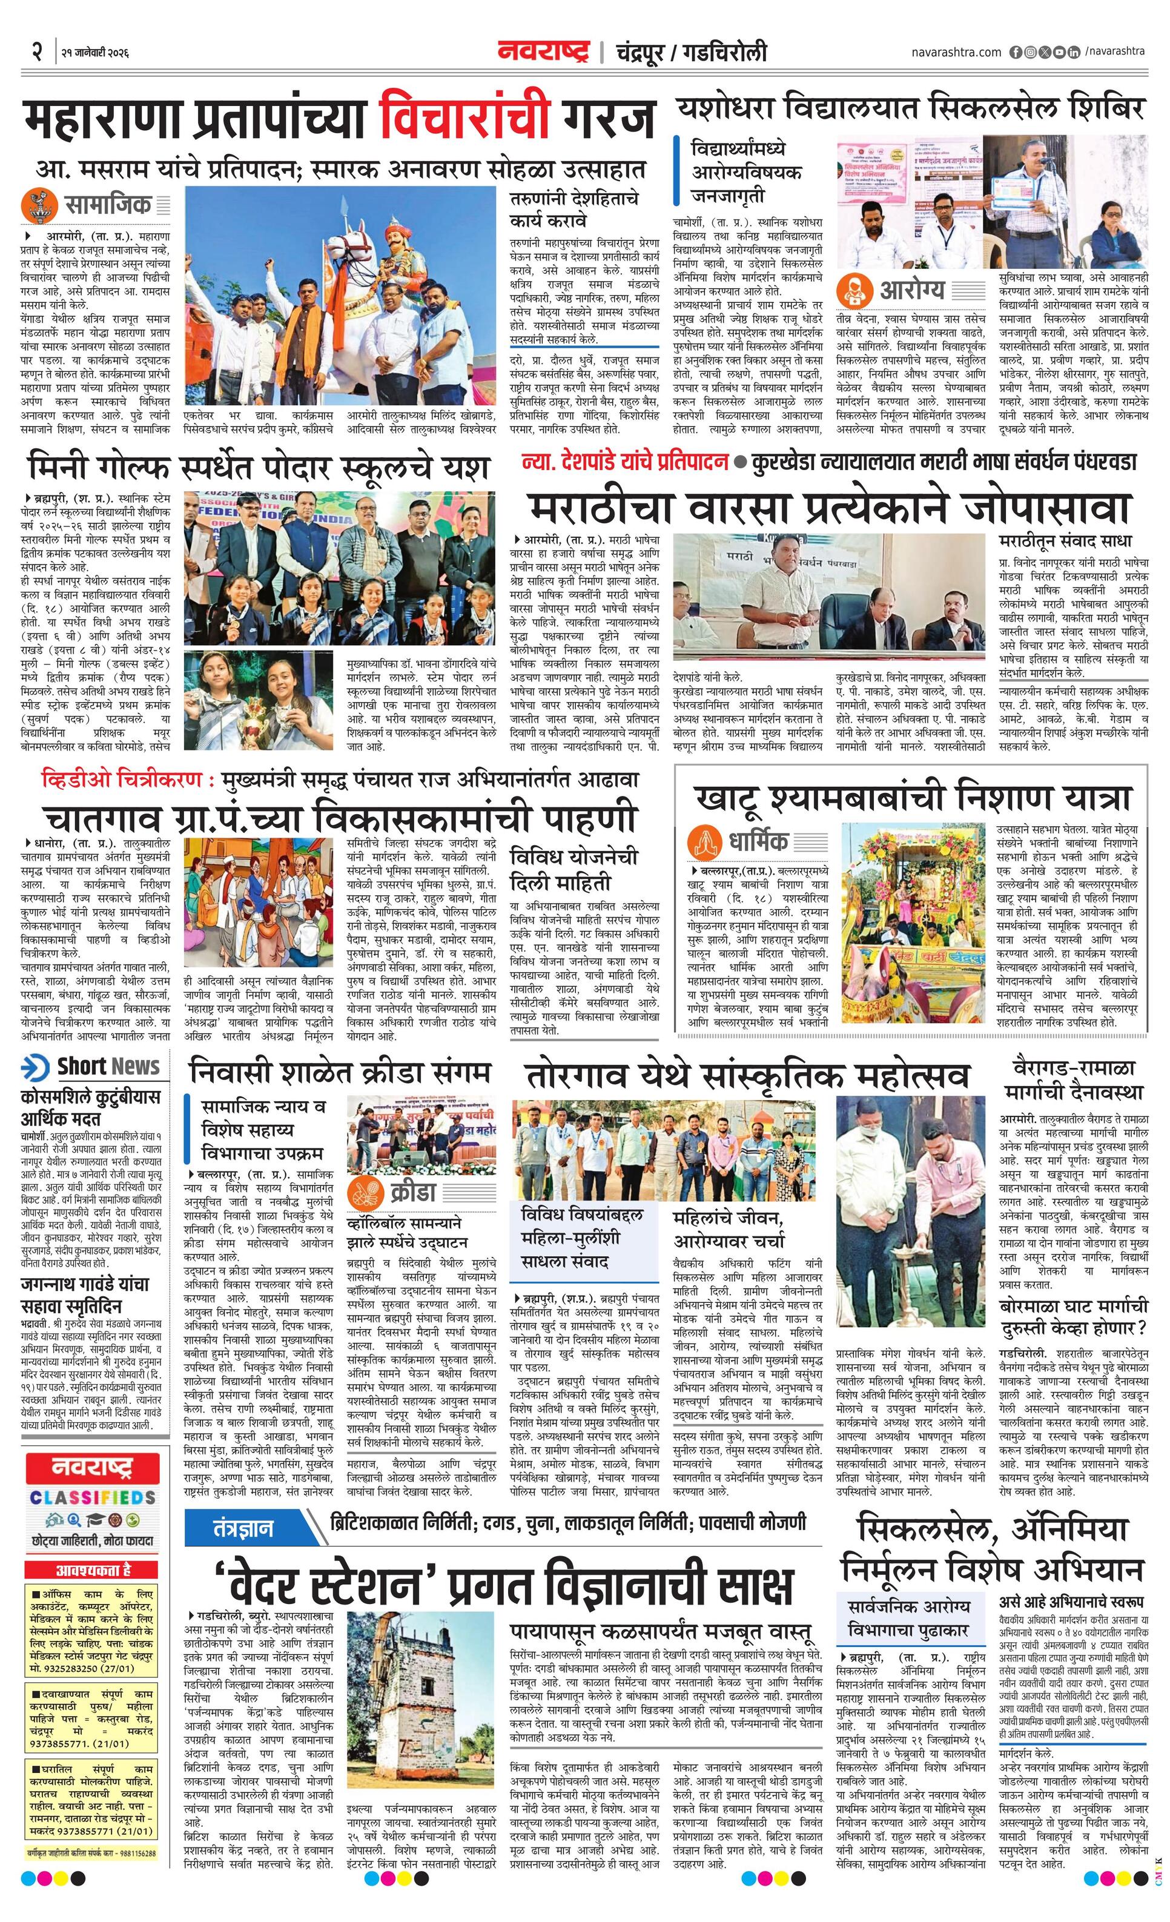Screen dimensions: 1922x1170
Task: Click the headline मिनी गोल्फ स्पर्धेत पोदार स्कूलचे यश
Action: (257, 468)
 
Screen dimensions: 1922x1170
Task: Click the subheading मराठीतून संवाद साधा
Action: (1064, 540)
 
